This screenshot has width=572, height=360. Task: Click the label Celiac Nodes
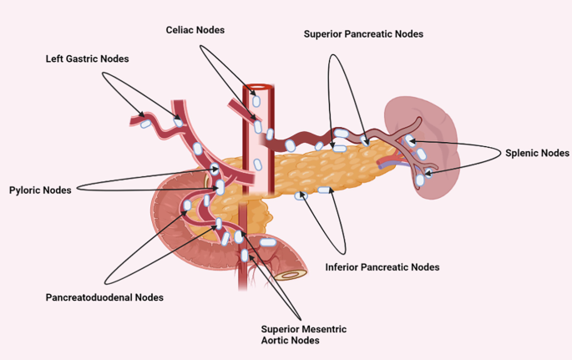click(195, 30)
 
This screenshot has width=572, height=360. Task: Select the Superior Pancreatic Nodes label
click(363, 34)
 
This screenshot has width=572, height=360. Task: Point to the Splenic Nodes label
click(537, 153)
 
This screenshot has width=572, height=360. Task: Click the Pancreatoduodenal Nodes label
click(104, 297)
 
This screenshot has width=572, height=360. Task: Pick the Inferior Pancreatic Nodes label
click(382, 267)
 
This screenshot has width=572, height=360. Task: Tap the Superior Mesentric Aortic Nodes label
click(303, 334)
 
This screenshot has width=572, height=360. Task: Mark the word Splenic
click(523, 153)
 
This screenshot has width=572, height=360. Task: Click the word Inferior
click(344, 267)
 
